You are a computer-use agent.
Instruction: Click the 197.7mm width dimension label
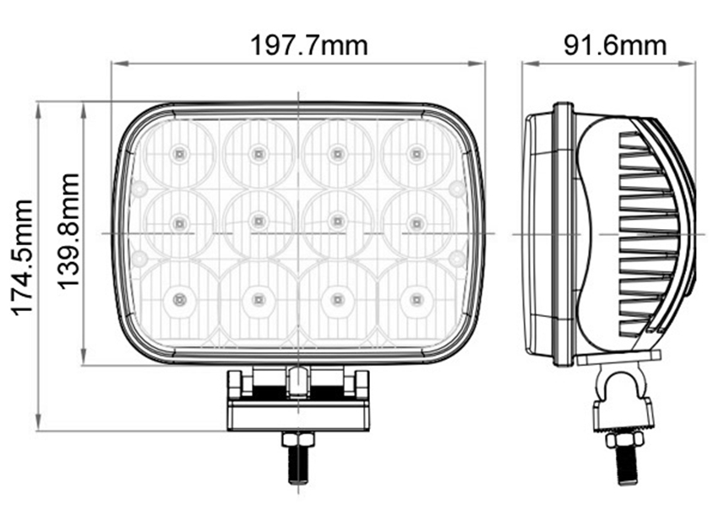(x=309, y=46)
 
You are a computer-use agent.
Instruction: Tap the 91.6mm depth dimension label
(x=615, y=46)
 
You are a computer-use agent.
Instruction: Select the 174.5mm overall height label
(x=23, y=258)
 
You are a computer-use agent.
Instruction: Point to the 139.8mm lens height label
(x=69, y=231)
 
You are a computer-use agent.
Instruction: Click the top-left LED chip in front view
(x=179, y=154)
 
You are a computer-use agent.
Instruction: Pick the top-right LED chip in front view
(x=416, y=154)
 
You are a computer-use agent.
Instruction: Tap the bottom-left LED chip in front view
(x=178, y=299)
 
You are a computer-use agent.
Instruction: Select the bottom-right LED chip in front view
(x=416, y=299)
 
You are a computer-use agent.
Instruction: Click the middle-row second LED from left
(x=258, y=221)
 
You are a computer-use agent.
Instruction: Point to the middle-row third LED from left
(x=338, y=221)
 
